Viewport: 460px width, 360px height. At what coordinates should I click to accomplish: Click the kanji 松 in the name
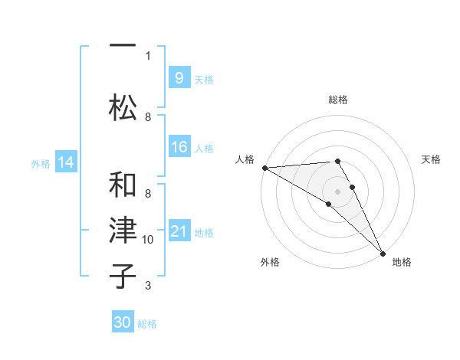click(123, 107)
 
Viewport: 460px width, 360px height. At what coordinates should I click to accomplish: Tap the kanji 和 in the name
click(123, 185)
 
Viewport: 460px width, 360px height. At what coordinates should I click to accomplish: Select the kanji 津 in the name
click(123, 230)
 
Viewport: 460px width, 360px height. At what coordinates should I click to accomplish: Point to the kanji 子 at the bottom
click(123, 276)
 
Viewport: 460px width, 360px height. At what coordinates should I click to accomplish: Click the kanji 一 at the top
click(123, 45)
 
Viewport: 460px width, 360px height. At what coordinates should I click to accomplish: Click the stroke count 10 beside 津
click(147, 240)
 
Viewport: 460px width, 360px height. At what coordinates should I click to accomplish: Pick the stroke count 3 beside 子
click(148, 286)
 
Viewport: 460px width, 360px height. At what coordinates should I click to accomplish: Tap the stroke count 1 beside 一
click(148, 56)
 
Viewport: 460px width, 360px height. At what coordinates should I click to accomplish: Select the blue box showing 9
click(179, 77)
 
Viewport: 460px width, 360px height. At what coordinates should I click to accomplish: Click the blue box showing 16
click(179, 146)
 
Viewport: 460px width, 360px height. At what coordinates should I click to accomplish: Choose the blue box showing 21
click(179, 230)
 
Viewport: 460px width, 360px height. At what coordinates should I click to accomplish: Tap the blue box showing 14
click(66, 162)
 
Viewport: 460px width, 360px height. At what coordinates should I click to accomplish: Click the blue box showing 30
click(123, 321)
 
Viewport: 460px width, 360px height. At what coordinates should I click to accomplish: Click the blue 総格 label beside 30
click(147, 324)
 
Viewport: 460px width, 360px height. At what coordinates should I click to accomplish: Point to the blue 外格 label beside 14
click(41, 164)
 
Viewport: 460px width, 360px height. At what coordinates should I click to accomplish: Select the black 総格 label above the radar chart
click(338, 100)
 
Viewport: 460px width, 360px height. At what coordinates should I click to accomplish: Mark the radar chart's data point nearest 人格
click(265, 168)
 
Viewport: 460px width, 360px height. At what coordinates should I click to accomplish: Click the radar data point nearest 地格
click(383, 254)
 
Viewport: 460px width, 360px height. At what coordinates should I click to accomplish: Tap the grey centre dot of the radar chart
click(337, 191)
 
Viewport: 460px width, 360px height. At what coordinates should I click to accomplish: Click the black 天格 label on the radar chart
click(431, 159)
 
